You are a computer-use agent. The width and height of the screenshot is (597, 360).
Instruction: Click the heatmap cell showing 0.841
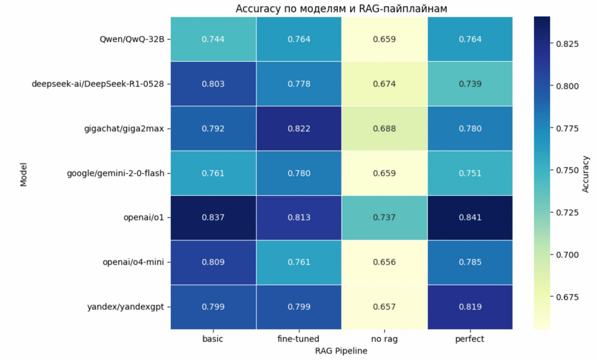(x=470, y=217)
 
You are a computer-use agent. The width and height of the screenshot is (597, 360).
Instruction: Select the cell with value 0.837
(x=213, y=217)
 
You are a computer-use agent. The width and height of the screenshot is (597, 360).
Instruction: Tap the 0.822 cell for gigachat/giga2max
(x=299, y=129)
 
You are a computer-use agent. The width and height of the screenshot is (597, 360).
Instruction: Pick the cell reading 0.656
(x=384, y=262)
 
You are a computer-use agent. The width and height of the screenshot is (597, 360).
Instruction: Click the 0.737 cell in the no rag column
(x=384, y=217)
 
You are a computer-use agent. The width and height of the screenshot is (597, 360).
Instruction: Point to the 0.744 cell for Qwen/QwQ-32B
(x=213, y=39)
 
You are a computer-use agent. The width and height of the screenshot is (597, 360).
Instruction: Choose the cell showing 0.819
(x=470, y=307)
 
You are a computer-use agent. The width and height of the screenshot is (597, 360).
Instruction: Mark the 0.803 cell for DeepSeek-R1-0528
(x=213, y=84)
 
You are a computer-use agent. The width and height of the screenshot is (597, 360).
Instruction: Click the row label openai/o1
(x=144, y=218)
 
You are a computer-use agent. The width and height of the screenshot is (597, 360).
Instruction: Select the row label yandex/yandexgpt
(x=126, y=307)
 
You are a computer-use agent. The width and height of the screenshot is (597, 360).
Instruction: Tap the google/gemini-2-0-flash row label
(x=116, y=173)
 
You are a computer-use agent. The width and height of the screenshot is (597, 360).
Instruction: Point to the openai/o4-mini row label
(x=133, y=262)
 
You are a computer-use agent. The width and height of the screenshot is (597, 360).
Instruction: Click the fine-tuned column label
(x=298, y=339)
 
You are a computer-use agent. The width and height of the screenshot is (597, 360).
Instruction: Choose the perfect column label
(x=470, y=339)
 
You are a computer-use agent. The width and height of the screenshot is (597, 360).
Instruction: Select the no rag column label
(x=384, y=339)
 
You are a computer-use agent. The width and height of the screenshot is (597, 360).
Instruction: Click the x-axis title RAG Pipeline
(x=341, y=351)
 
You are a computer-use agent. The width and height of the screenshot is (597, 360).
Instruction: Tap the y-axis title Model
(x=24, y=174)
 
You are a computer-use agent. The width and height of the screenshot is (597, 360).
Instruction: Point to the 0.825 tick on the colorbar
(x=567, y=44)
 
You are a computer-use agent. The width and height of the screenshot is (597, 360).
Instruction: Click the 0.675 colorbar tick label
(x=567, y=297)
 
